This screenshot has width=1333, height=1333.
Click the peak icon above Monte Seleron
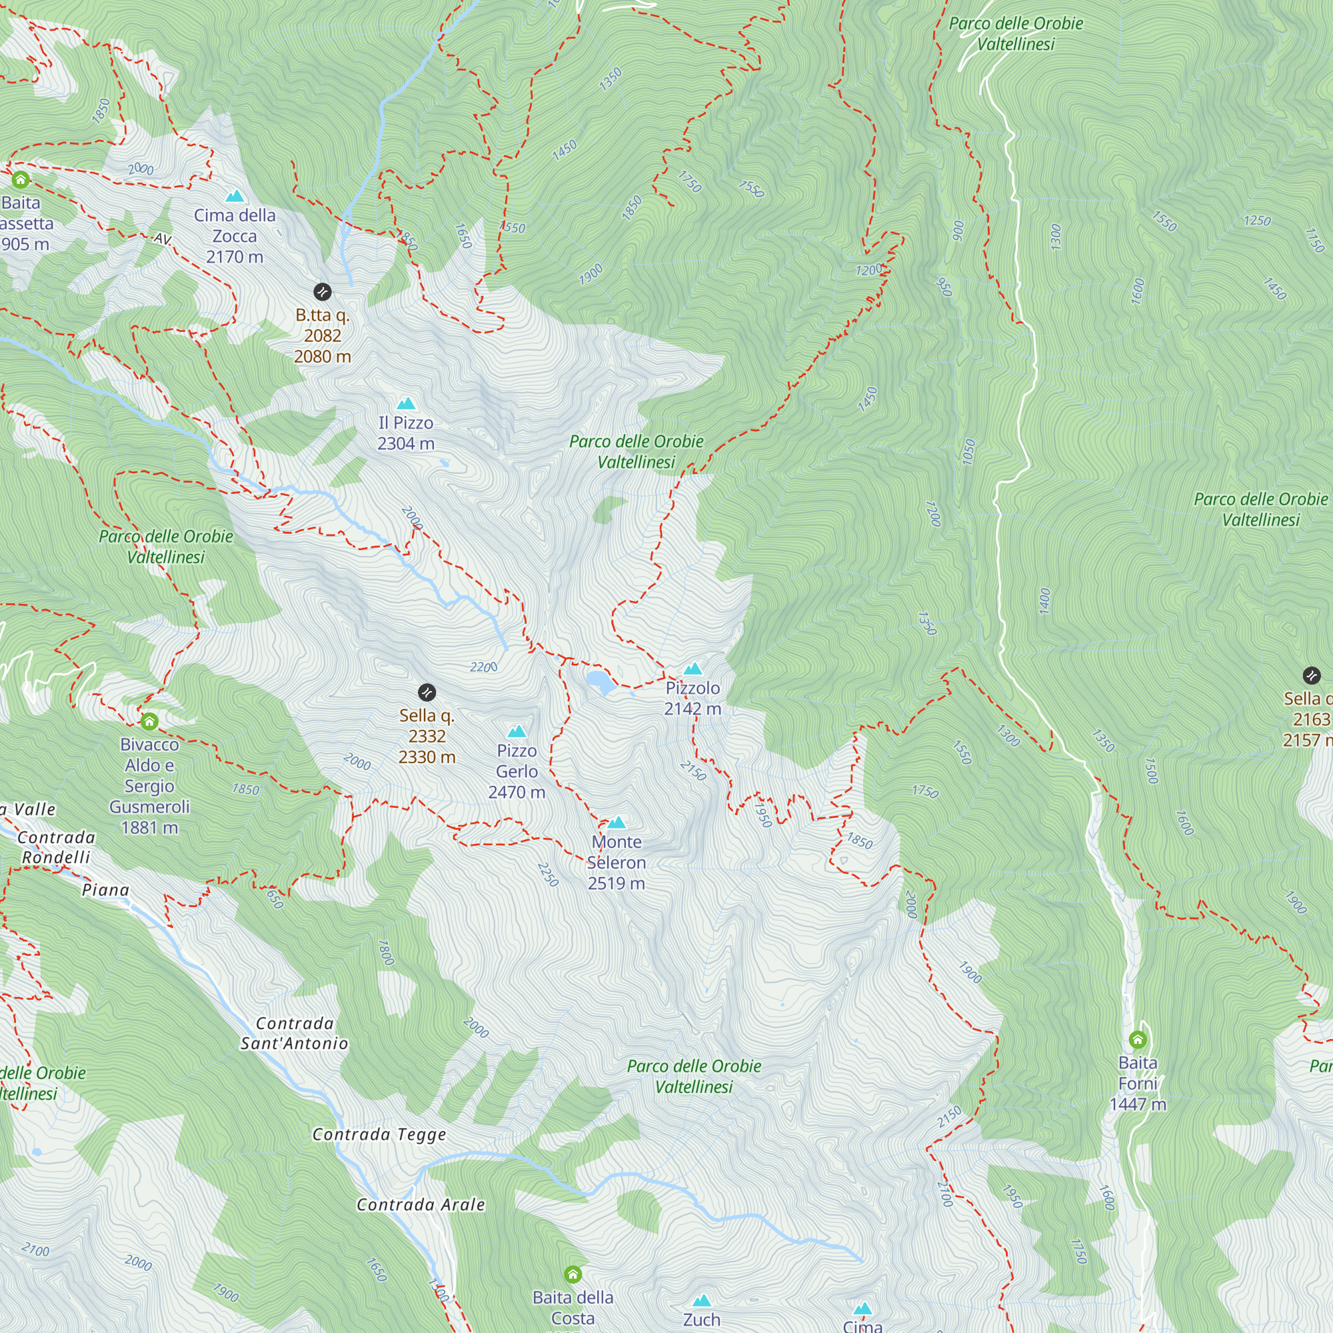[616, 822]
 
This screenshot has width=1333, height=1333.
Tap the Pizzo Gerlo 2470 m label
[516, 771]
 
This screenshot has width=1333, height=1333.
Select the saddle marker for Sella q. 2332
[427, 692]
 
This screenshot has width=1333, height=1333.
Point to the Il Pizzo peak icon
[406, 403]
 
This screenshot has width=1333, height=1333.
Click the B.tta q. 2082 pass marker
[322, 291]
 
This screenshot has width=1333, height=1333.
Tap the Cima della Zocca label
[235, 235]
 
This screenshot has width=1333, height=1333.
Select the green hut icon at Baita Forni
[1138, 1039]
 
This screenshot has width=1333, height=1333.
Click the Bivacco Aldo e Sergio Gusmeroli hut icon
[149, 722]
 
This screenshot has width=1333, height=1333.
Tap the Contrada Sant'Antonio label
[294, 1033]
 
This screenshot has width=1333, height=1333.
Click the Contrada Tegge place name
[379, 1134]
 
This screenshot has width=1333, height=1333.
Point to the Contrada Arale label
[420, 1204]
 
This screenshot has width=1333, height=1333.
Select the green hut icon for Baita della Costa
[573, 1274]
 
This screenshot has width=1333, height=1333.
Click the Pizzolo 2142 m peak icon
[692, 668]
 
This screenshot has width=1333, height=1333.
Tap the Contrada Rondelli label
[56, 846]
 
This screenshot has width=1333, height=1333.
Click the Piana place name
[105, 889]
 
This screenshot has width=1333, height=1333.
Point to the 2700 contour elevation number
[944, 1194]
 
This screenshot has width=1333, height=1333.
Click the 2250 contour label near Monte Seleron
[548, 874]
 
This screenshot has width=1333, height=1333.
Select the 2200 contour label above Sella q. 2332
[483, 666]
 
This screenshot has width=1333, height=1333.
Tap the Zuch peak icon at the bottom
[702, 1300]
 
